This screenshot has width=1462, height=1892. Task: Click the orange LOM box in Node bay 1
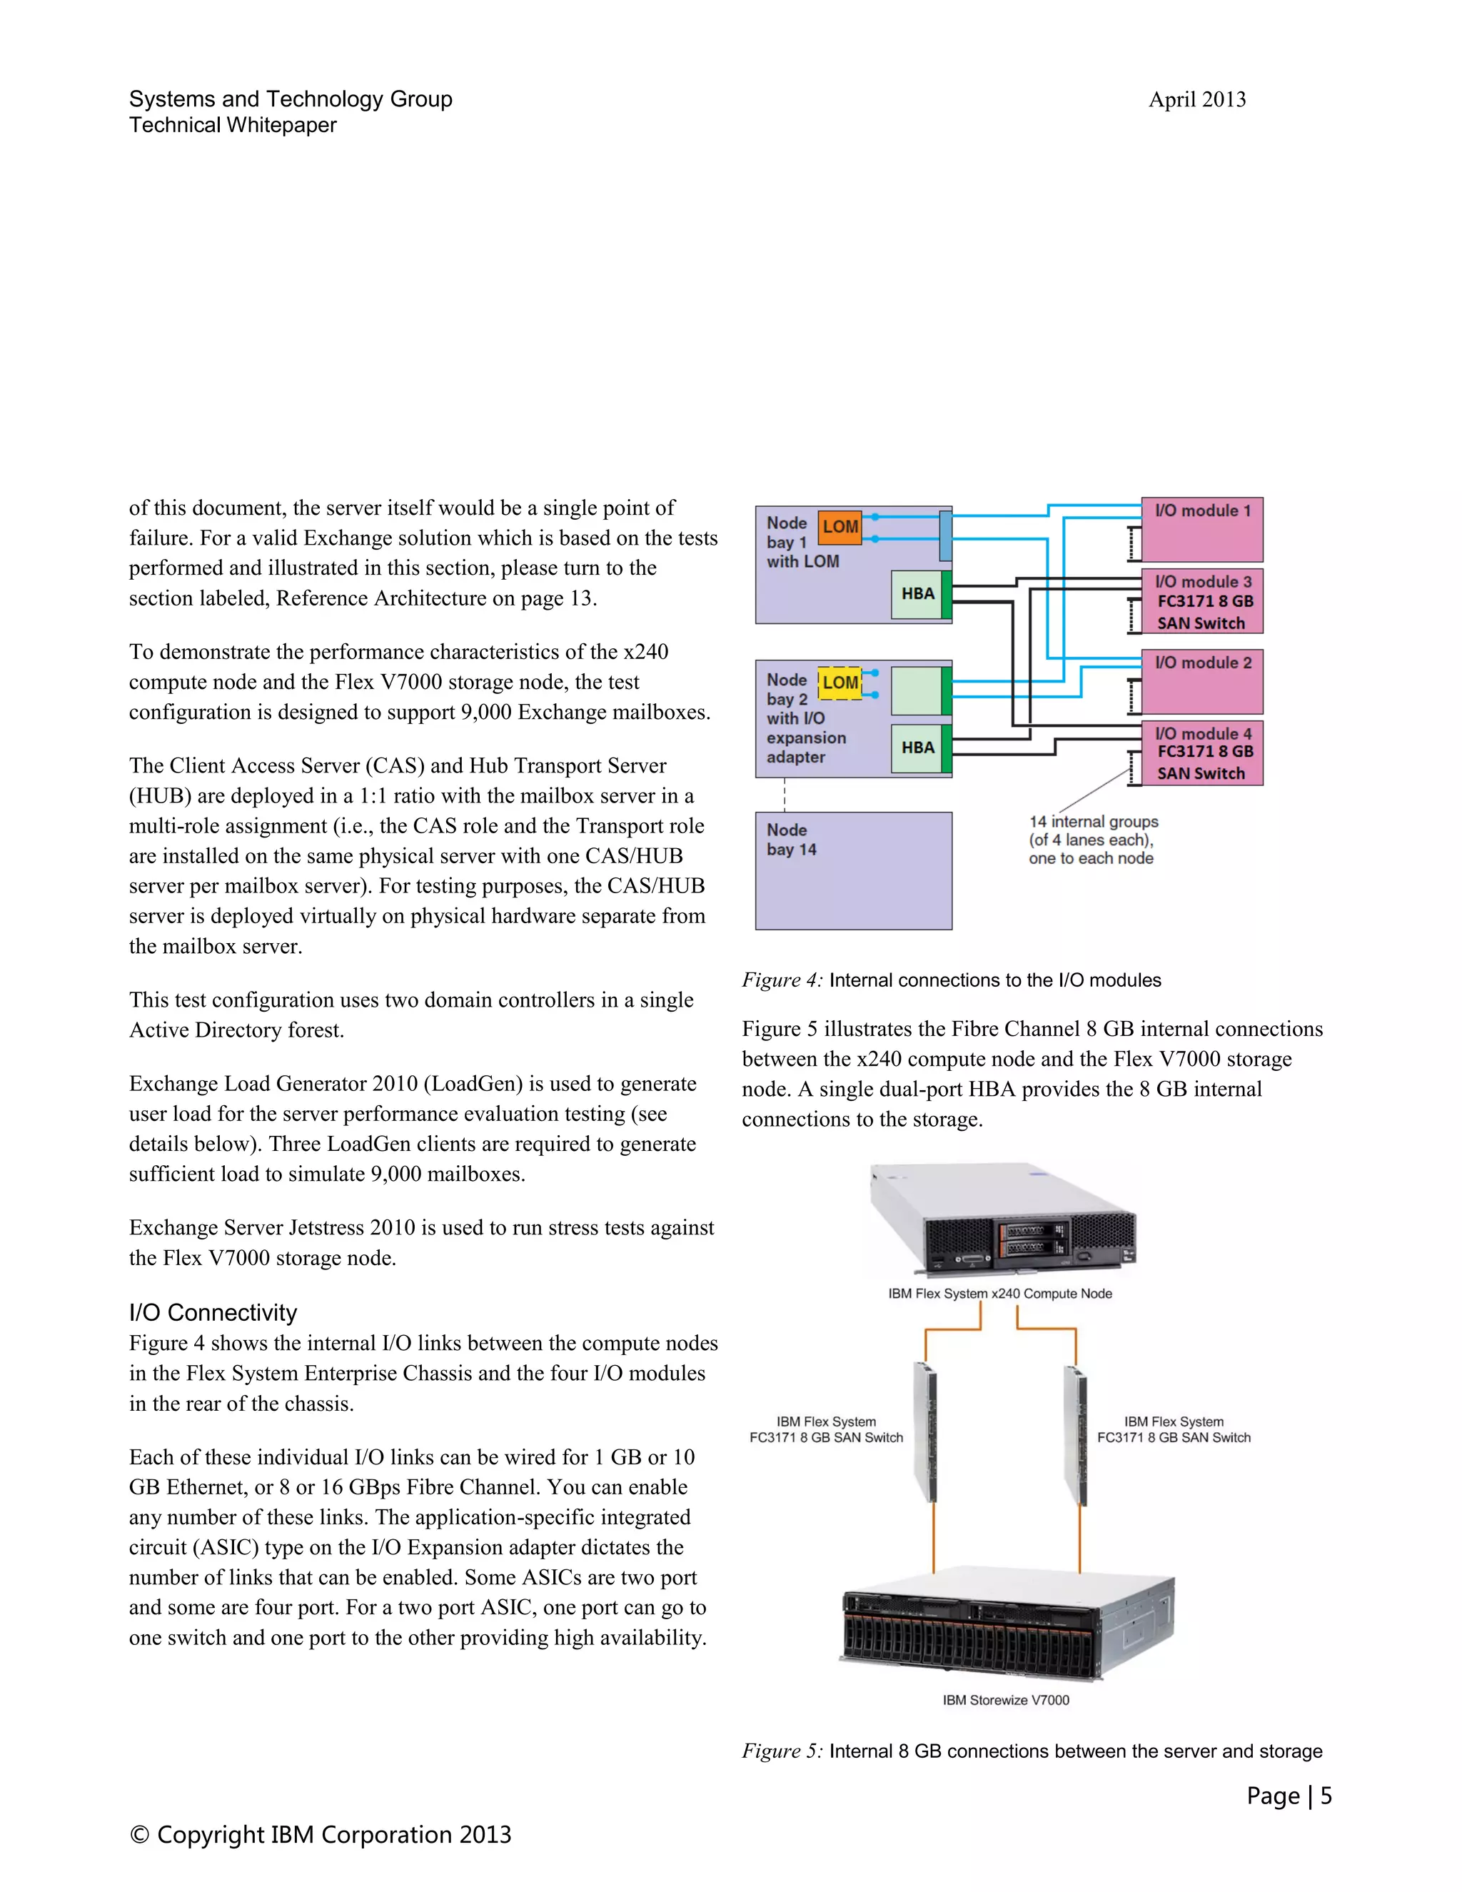tap(840, 527)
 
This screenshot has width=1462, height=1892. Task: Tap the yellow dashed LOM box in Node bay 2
tap(840, 683)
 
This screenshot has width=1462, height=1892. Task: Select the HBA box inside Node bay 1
tap(917, 594)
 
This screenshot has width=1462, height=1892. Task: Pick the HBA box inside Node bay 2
tap(917, 748)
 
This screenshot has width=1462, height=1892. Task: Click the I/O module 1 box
tap(1202, 528)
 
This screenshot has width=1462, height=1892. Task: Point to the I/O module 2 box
tap(1202, 681)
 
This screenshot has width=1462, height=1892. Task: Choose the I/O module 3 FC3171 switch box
tap(1202, 602)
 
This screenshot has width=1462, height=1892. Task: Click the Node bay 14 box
tap(853, 870)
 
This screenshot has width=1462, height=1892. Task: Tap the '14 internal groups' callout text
tap(1092, 840)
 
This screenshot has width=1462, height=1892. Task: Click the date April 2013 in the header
tap(1197, 100)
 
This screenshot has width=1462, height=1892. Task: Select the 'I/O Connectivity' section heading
tap(213, 1312)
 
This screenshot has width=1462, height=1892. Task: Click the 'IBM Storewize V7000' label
tap(1006, 1700)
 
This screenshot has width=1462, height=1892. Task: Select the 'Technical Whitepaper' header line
tap(233, 126)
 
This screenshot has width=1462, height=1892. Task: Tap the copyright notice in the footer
tap(321, 1835)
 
